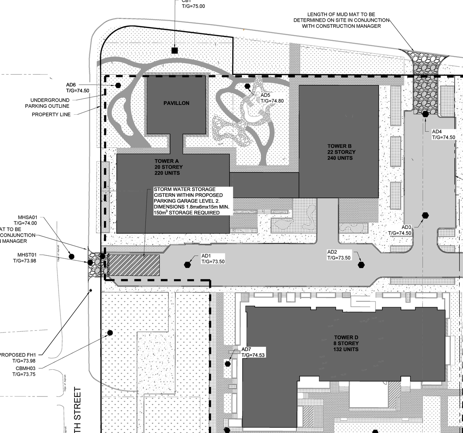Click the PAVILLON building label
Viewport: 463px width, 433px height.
coord(176,103)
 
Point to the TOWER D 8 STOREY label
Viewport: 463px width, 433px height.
coord(346,343)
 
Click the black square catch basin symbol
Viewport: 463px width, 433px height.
coord(175,50)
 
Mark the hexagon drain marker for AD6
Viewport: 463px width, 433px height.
coord(118,85)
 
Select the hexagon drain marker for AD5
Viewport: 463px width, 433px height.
coord(247,86)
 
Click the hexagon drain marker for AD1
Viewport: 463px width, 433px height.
coord(187,264)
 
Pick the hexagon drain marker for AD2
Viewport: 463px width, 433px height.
coord(361,265)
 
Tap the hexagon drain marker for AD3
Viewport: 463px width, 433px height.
coord(425,215)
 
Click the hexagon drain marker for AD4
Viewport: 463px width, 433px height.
coord(425,114)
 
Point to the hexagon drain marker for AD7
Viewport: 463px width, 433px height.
coord(228,364)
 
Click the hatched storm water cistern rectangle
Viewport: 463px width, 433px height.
coord(134,265)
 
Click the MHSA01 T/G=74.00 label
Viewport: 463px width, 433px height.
coord(25,220)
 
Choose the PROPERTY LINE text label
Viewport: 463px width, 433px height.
coord(51,114)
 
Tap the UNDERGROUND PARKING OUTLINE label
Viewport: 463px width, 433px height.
coord(47,103)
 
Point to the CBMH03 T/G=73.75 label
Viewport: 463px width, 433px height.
coord(24,371)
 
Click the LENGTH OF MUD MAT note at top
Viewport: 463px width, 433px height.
coord(341,20)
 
